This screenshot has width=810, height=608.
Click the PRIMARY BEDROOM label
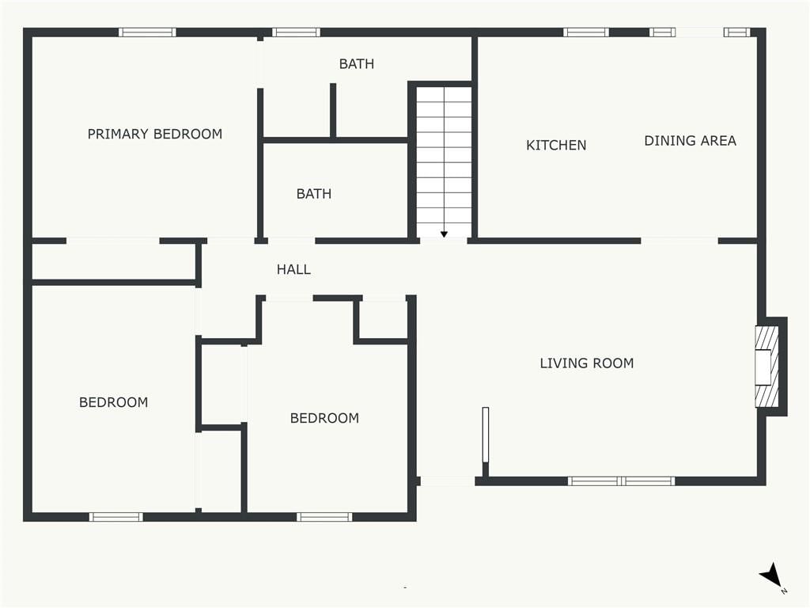click(x=155, y=135)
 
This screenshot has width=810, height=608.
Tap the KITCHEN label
click(x=556, y=146)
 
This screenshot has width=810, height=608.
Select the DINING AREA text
click(x=690, y=141)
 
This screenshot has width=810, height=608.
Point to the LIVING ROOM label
click(x=587, y=363)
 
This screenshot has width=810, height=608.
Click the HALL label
click(x=294, y=269)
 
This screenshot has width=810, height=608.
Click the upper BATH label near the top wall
click(x=357, y=64)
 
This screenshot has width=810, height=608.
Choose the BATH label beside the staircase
click(x=314, y=194)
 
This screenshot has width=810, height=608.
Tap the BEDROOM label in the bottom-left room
click(x=114, y=402)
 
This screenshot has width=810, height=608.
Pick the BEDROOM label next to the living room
click(x=324, y=418)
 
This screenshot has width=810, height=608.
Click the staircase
click(x=445, y=161)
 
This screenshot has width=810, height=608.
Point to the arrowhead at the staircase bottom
click(x=444, y=234)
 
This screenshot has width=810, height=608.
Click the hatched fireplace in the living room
click(x=767, y=367)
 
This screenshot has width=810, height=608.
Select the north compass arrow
click(x=770, y=576)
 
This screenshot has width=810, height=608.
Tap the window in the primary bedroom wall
click(x=147, y=32)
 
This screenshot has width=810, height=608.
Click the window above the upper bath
click(x=296, y=32)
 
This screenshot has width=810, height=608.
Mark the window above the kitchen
click(x=586, y=32)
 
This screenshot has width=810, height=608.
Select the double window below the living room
click(x=622, y=481)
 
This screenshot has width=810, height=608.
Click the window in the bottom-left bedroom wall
click(x=116, y=517)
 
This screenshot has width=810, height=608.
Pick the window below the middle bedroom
click(x=324, y=517)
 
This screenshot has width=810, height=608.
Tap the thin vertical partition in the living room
click(x=486, y=435)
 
